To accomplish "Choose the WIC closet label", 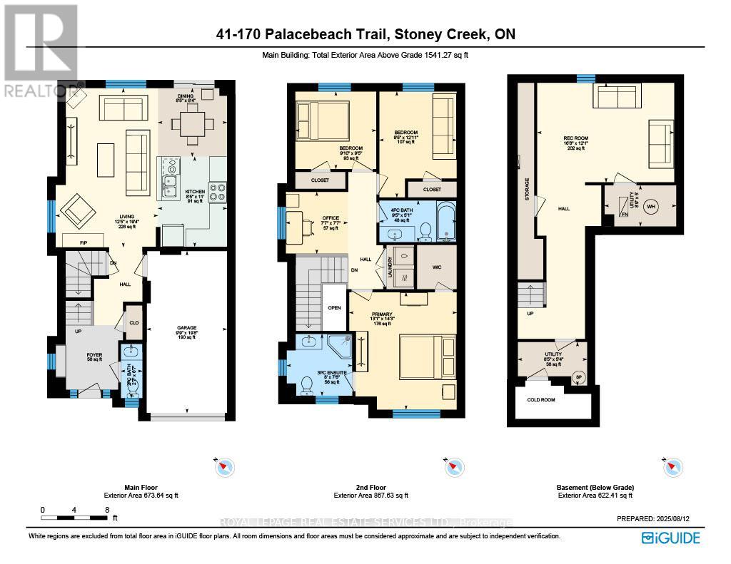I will [435, 267].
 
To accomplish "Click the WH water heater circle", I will [650, 207].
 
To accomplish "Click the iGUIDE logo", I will [670, 538].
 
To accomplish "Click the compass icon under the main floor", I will [223, 467].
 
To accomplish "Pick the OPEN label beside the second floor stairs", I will [334, 308].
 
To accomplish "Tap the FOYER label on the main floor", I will [94, 354].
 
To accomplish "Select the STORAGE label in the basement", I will [526, 189].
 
